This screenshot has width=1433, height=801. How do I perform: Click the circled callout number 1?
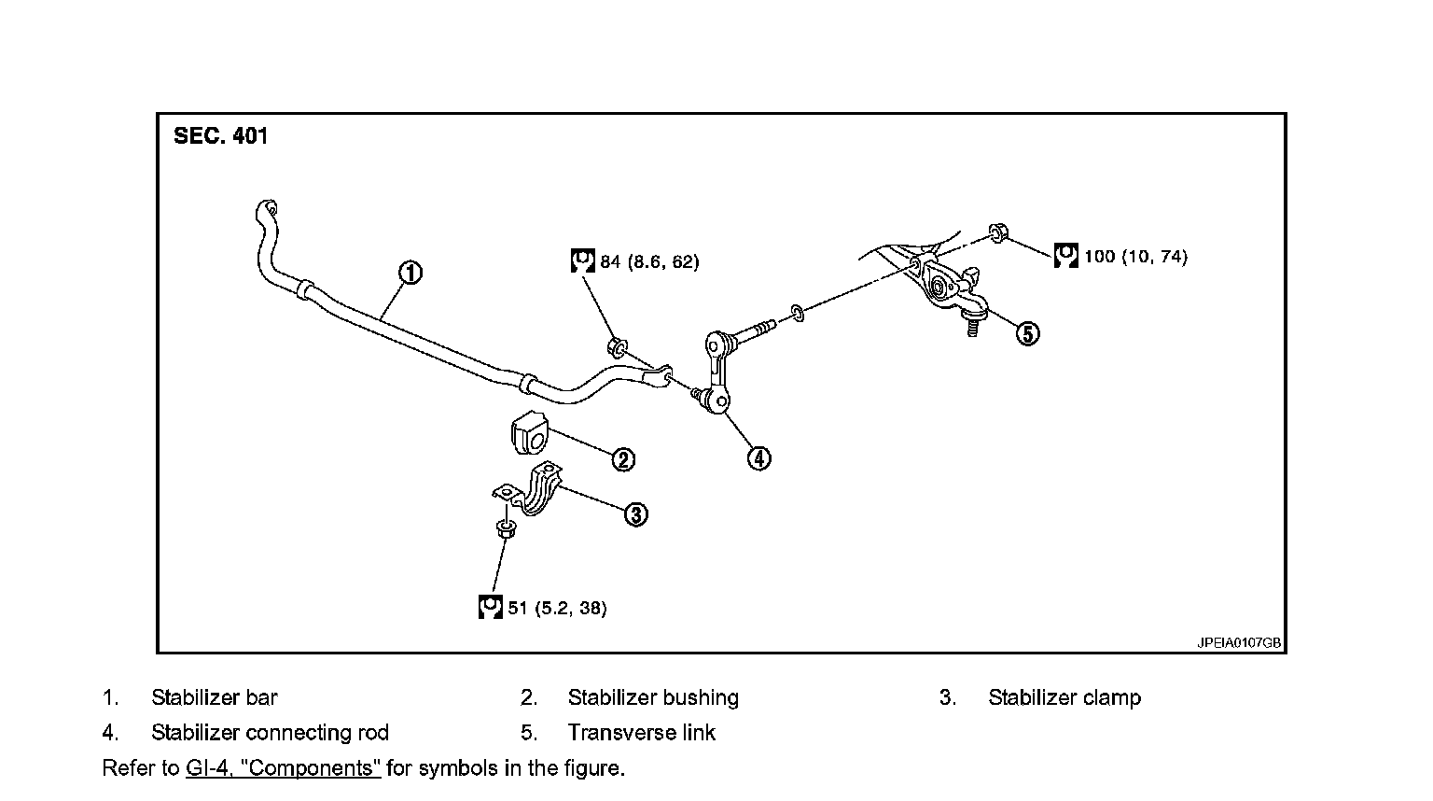point(410,273)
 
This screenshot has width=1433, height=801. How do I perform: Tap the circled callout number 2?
point(623,458)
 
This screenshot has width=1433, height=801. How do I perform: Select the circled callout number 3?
point(635,514)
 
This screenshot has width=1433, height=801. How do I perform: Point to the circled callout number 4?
point(759,457)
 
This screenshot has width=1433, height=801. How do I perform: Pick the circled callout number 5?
point(1027,333)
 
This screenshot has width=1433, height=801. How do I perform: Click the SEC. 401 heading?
point(220,136)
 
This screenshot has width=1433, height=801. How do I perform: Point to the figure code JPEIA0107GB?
point(1239,643)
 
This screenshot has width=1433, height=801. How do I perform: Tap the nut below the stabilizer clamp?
point(505,529)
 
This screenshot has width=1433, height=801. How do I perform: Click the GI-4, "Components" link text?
point(283,768)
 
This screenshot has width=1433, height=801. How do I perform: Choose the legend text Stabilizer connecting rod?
point(270,733)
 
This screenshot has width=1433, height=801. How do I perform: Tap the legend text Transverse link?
point(641,733)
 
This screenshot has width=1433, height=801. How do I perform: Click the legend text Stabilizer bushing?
point(653,697)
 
